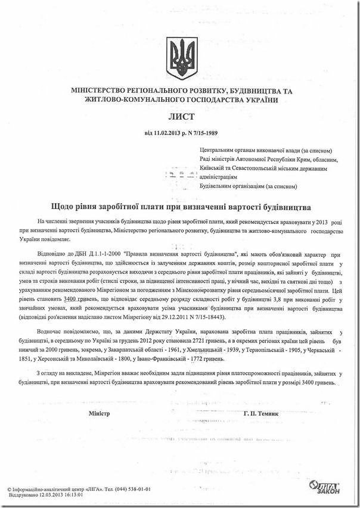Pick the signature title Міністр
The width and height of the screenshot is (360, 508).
100,413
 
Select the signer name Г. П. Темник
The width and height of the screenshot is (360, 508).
261,413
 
